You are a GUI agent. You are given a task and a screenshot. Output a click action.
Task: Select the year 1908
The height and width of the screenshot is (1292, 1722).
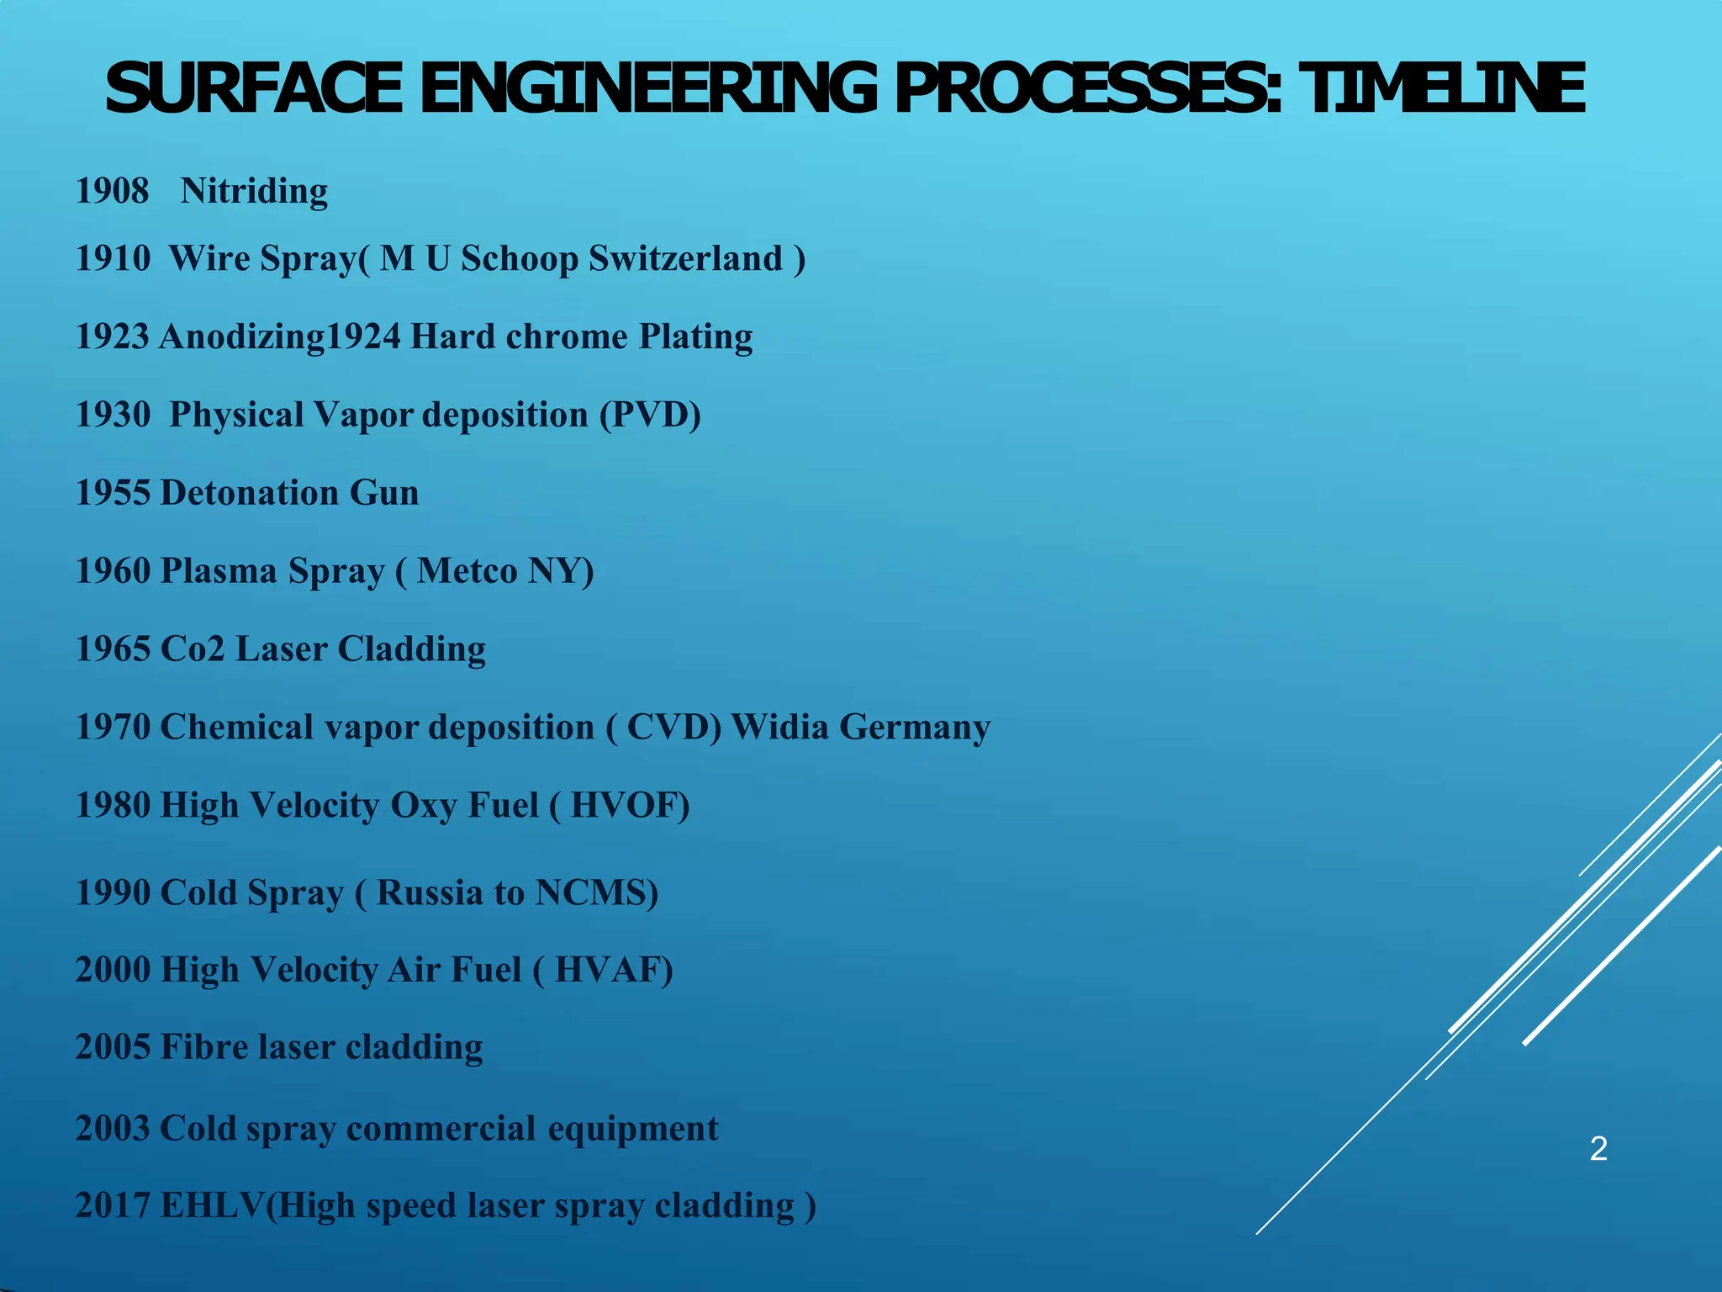coord(112,191)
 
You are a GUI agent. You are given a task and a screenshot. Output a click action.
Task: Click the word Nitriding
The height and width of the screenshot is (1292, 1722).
coord(254,192)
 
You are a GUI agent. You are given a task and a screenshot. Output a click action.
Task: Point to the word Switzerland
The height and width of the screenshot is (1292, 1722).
coord(685,258)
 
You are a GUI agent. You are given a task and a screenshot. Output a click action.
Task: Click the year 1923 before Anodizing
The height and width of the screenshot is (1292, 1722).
coord(112,336)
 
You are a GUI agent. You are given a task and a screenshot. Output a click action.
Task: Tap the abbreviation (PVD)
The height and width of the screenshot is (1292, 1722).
coord(650,415)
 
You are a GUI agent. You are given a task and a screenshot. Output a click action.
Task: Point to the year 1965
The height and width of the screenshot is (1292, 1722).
coord(112,649)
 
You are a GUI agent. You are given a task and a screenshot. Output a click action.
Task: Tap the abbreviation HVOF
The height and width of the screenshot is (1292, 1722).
coord(630,805)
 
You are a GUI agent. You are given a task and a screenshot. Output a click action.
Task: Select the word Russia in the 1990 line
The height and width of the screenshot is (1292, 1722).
coord(428,892)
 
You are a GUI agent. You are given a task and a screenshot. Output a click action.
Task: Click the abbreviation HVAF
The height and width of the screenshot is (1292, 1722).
coord(614,970)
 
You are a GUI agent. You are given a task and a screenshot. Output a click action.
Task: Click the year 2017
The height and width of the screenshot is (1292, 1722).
coord(112,1205)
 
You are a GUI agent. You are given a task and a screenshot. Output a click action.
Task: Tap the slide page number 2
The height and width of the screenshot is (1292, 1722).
coord(1598,1148)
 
